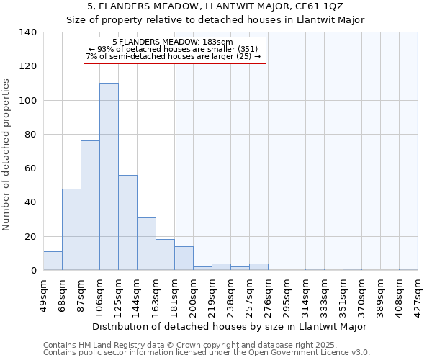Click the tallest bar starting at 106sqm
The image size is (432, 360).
pyautogui.click(x=109, y=176)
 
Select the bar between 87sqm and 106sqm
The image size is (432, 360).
pyautogui.click(x=90, y=205)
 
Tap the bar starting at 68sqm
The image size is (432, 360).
pyautogui.click(x=71, y=229)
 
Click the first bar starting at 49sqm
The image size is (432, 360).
pyautogui.click(x=53, y=261)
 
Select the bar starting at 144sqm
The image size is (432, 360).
pyautogui.click(x=146, y=243)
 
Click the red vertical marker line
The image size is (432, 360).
pyautogui.click(x=176, y=166)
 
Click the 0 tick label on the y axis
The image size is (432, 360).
pyautogui.click(x=33, y=271)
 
